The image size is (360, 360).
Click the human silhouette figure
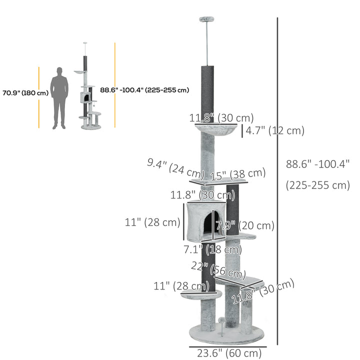pos(59,98)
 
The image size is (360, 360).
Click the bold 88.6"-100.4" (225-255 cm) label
pos(144,90)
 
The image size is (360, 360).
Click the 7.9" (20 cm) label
pos(244,225)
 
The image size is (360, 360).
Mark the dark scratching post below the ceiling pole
pos(207,92)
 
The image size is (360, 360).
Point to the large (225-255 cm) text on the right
pos(317,185)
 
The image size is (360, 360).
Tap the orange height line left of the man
pos(38,97)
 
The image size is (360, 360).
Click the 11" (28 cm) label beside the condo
pos(152,222)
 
